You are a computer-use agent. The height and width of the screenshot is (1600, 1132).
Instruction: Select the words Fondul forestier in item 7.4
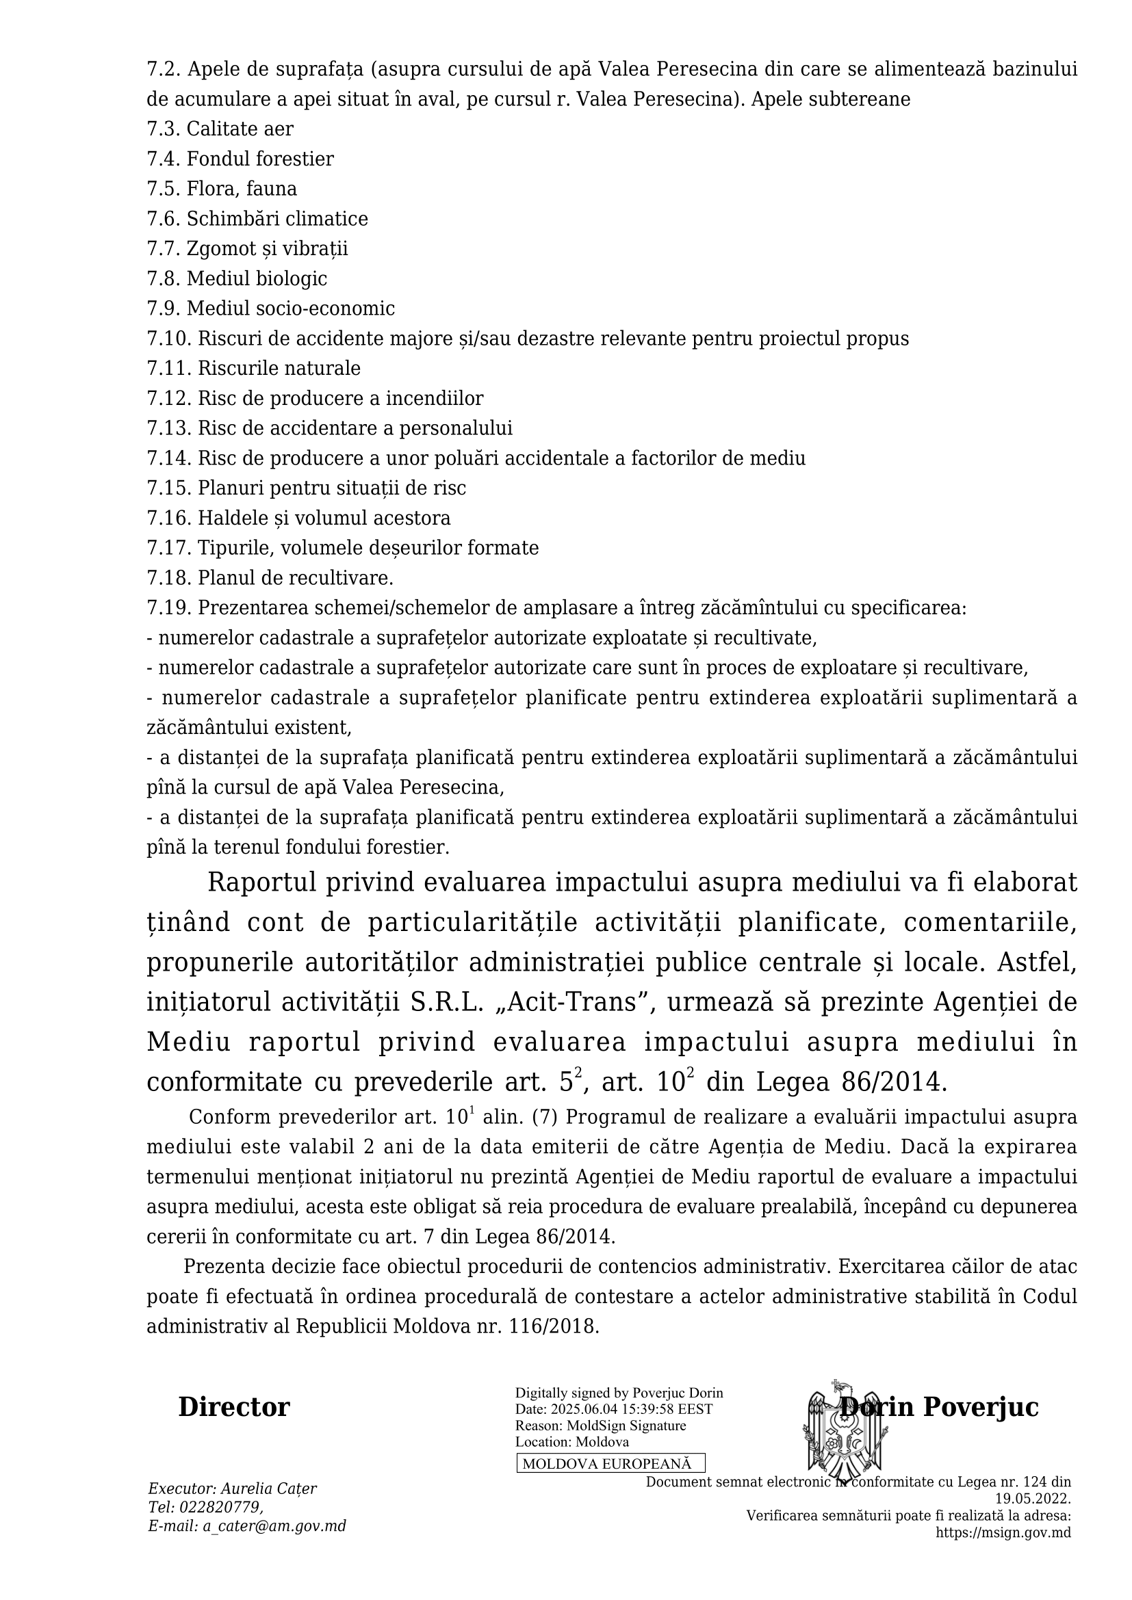pos(260,159)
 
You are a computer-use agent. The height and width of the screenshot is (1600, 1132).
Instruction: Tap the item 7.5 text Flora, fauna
pos(241,189)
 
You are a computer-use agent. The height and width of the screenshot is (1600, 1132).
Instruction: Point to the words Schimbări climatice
pos(276,219)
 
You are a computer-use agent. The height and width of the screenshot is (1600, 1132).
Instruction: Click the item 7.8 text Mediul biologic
pos(257,278)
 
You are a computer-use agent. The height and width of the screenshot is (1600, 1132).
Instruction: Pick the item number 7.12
pos(168,399)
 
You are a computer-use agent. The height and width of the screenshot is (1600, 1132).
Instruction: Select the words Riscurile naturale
pos(279,368)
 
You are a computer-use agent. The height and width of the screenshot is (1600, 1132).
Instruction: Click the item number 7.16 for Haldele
pos(168,519)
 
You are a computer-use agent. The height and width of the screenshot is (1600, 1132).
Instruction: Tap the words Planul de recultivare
pos(296,579)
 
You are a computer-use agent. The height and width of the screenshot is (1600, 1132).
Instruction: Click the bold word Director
pos(234,1408)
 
